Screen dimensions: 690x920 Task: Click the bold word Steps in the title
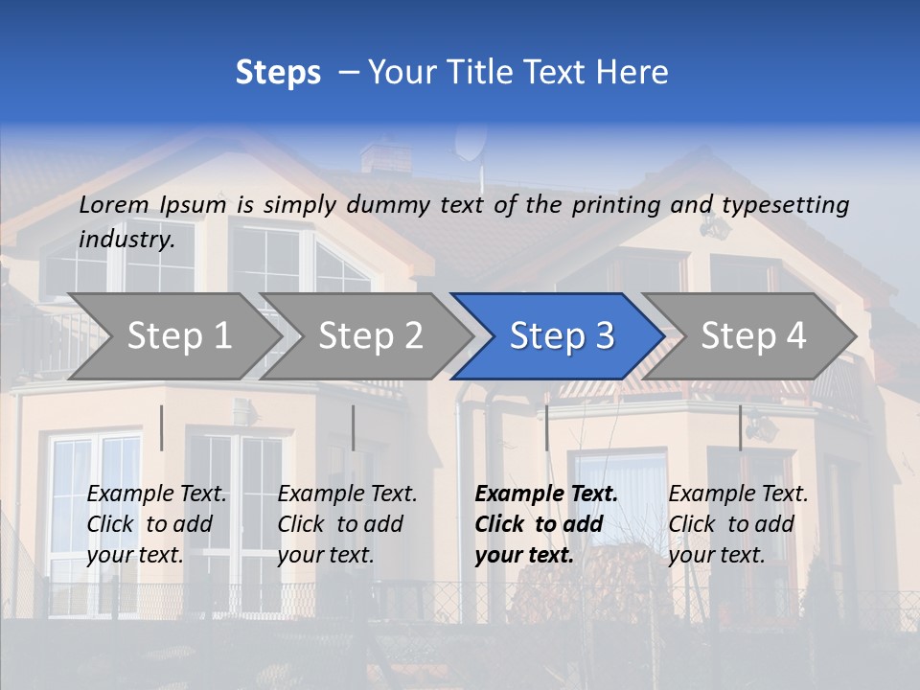click(278, 72)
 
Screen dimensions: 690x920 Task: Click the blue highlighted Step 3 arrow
click(562, 335)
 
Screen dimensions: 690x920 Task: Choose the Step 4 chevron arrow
click(753, 335)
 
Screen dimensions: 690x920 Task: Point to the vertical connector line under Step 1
click(161, 427)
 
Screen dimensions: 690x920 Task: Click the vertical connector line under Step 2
click(353, 427)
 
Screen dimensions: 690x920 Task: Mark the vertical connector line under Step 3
click(546, 427)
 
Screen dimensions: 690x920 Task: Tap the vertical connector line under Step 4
click(740, 427)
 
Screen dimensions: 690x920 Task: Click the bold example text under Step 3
click(546, 524)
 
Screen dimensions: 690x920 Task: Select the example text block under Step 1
click(156, 524)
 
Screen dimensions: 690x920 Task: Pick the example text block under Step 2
click(347, 524)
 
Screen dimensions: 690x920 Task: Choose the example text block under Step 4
click(738, 524)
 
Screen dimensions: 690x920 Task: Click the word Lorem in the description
click(114, 204)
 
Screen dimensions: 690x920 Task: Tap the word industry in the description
click(126, 239)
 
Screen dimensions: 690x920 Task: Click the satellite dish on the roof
click(470, 144)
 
